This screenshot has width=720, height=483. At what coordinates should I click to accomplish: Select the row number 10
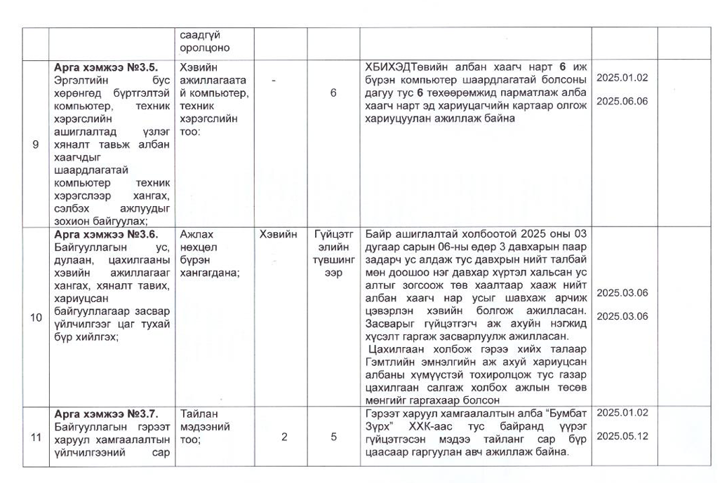click(x=35, y=318)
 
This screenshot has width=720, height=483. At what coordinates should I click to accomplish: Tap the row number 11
click(x=35, y=437)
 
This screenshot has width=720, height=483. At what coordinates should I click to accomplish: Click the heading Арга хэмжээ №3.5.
click(x=106, y=67)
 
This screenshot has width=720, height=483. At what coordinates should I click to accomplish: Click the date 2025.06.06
click(x=622, y=102)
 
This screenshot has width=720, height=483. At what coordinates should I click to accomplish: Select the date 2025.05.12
click(x=622, y=436)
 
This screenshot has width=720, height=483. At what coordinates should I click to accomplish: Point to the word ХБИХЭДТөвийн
click(x=408, y=67)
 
